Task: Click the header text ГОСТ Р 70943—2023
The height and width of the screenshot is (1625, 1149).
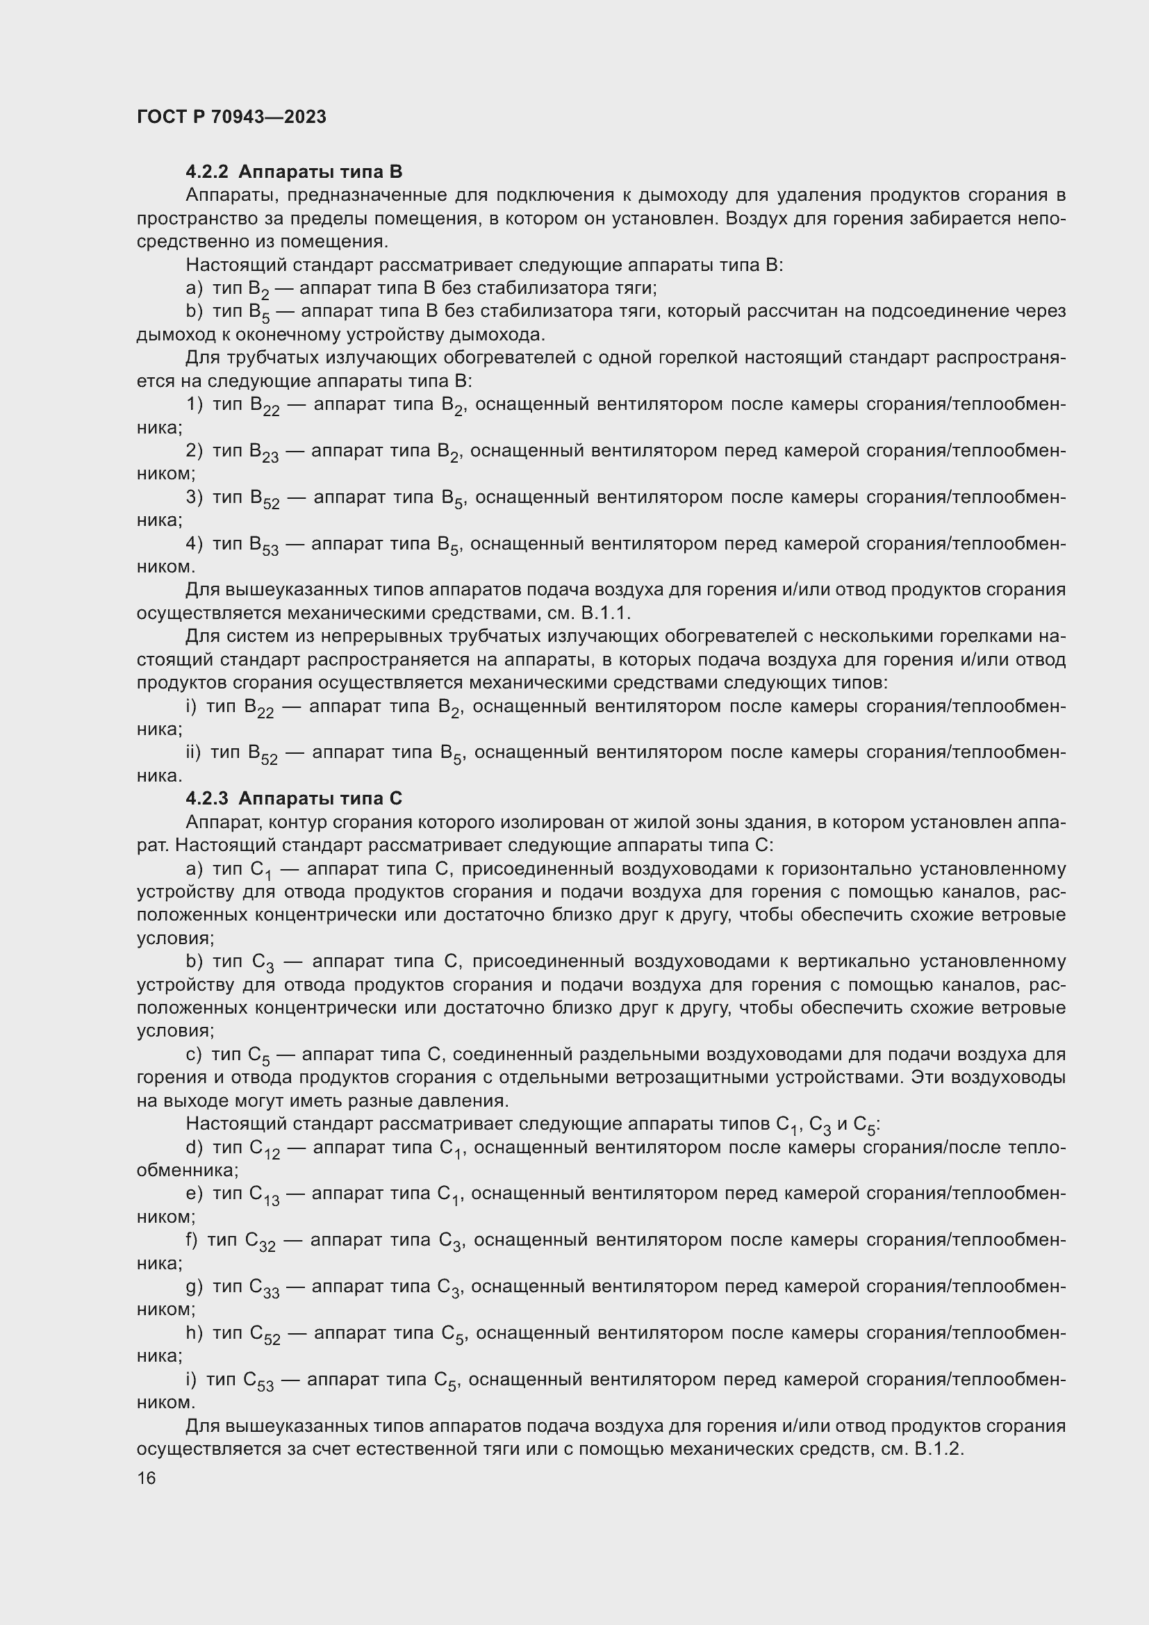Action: point(231,117)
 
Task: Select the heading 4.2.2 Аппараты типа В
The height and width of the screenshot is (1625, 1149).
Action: point(294,172)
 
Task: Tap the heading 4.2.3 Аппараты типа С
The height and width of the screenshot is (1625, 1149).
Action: point(294,798)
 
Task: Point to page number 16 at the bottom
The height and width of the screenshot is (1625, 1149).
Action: point(147,1478)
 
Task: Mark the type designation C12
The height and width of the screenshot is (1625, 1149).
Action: point(265,1149)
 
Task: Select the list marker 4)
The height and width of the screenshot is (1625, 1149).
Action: point(195,543)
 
